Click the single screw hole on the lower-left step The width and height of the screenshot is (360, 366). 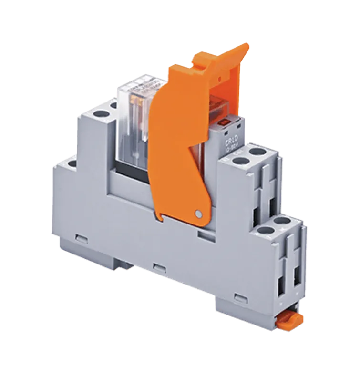pos(72,163)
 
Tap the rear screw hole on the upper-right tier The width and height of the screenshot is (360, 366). pos(257,152)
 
